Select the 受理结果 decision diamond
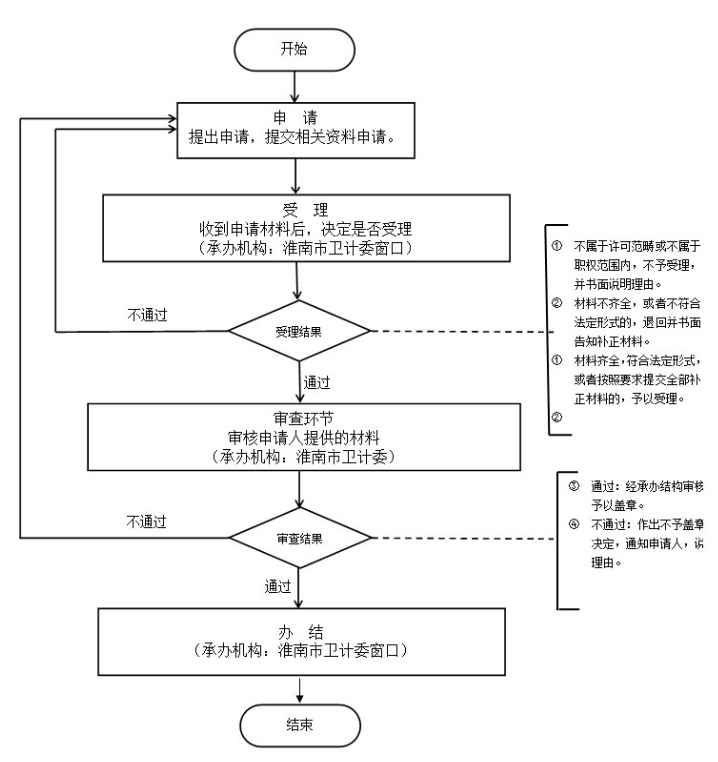298,331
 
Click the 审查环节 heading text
298,392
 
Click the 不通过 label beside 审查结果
146,520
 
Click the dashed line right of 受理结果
459,331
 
